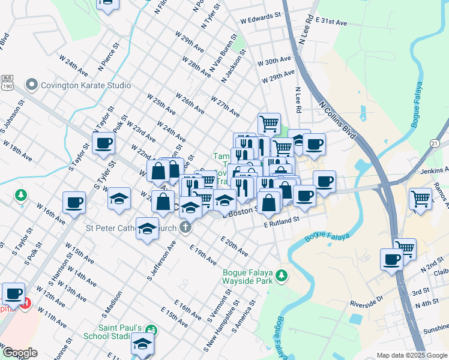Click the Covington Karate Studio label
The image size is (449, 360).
click(85, 85)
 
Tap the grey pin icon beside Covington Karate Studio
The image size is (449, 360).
click(32, 85)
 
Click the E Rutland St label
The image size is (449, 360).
click(282, 221)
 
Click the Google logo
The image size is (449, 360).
click(20, 353)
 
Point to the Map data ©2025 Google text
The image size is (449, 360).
click(411, 355)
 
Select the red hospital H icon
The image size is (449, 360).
click(25, 305)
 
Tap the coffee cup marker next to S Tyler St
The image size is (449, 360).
click(103, 144)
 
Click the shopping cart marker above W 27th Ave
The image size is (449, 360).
click(270, 124)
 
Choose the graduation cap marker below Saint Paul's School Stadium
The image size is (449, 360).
click(142, 344)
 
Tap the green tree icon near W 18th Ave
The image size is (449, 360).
click(21, 195)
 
